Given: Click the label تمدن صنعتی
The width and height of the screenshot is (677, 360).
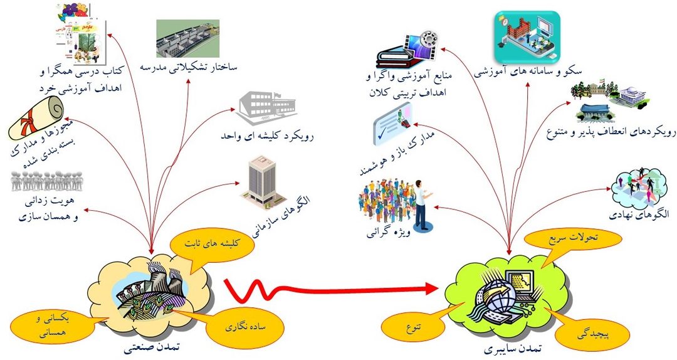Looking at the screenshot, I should click(148, 346).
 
